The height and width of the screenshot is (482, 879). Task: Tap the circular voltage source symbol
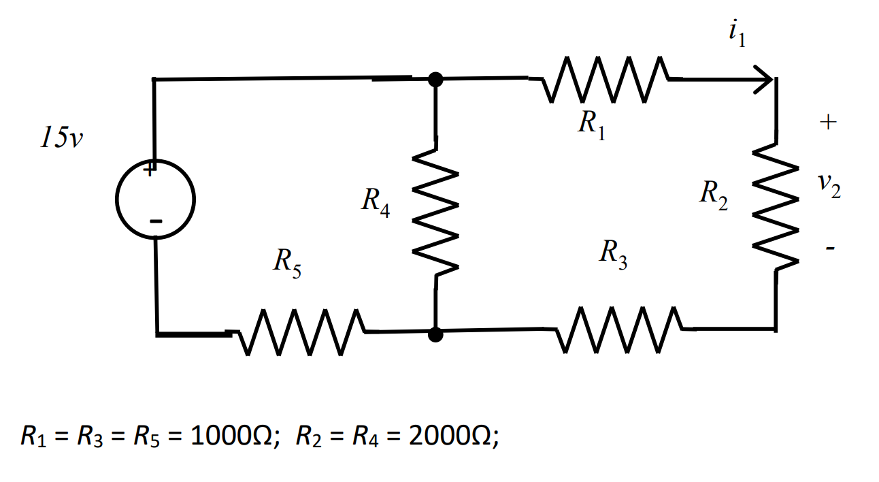156,199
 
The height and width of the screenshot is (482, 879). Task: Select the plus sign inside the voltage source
150,171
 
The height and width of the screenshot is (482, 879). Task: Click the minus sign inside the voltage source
156,221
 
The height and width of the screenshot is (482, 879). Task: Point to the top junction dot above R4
435,80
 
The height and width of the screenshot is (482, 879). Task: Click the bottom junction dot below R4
436,334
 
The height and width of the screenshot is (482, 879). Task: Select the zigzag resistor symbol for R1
606,80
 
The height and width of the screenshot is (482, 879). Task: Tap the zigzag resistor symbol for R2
776,205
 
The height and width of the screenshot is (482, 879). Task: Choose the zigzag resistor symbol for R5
296,332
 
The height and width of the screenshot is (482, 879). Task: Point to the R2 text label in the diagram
714,195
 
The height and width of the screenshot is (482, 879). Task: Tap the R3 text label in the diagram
613,253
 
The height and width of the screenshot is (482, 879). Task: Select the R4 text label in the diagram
376,202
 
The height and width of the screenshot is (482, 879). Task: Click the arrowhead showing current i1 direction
765,80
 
